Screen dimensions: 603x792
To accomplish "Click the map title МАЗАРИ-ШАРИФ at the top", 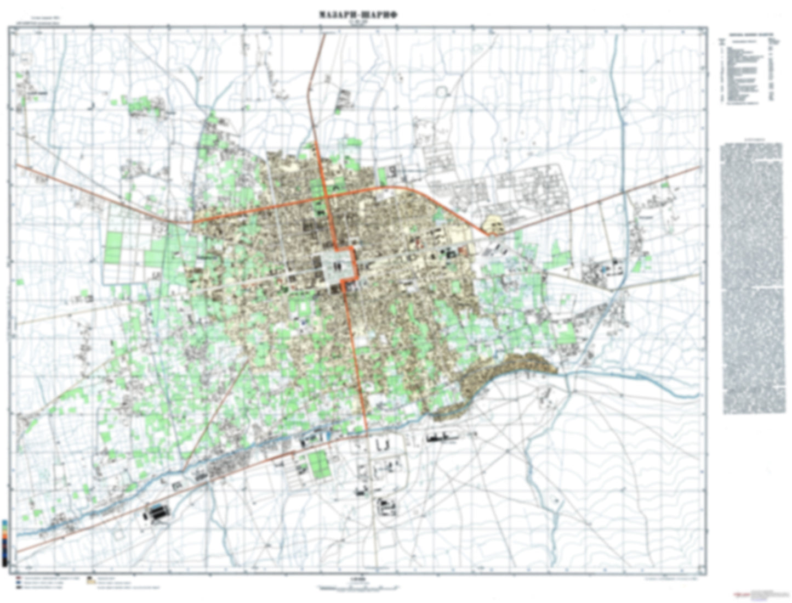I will coord(358,15).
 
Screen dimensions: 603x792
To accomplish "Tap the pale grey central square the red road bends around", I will coord(335,267).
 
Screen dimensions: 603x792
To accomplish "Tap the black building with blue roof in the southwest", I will coord(156,514).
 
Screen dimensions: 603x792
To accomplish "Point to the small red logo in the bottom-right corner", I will coord(743,594).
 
